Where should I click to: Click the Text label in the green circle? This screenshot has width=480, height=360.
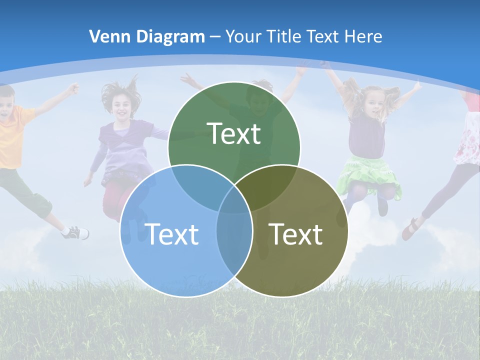coord(234,133)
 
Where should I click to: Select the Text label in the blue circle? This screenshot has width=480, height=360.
coord(171,234)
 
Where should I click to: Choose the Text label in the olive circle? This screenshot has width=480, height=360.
coord(296,234)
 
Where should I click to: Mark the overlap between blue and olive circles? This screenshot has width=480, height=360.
coord(234,240)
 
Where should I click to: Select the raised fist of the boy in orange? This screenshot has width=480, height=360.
coord(74,89)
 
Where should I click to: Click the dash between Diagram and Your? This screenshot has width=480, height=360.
coord(215,37)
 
